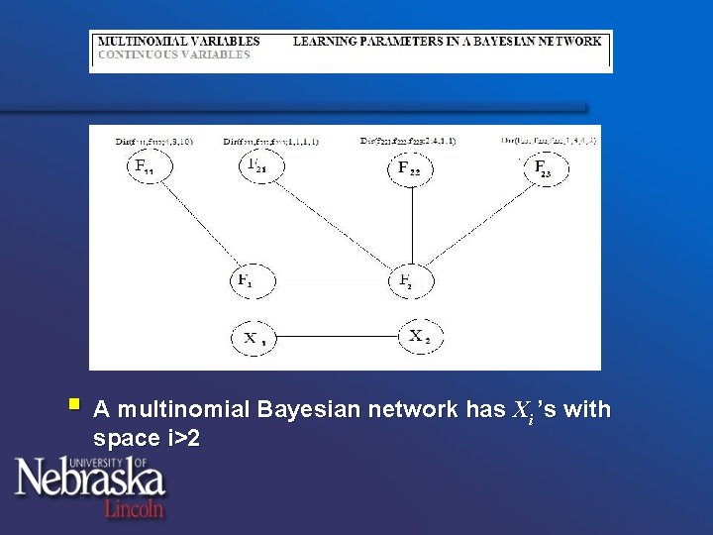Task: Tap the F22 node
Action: pos(410,168)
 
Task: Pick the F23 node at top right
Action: pos(546,168)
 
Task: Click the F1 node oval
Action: pos(250,281)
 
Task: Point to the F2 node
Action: pos(408,281)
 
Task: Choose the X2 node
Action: pos(420,336)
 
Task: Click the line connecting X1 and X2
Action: pos(337,337)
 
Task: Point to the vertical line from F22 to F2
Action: pos(410,225)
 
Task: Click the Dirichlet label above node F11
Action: pos(153,142)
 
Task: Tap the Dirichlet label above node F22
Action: pos(408,141)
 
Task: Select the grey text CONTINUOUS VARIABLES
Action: pos(173,54)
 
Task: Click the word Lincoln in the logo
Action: pos(135,507)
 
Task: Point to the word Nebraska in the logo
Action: pos(89,479)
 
